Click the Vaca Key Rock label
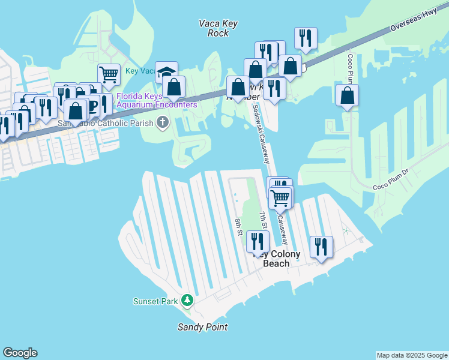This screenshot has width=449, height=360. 218,28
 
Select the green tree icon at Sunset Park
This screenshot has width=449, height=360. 187,299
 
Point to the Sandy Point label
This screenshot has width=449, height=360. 202,327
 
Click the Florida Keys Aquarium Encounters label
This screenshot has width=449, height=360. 157,100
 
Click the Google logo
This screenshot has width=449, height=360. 20,353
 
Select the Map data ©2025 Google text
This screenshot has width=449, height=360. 411,355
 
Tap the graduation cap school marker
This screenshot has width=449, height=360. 166,72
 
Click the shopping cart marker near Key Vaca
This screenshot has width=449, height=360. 109,74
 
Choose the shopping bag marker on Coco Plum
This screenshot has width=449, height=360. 347,95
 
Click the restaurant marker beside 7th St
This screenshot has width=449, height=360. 258,241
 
